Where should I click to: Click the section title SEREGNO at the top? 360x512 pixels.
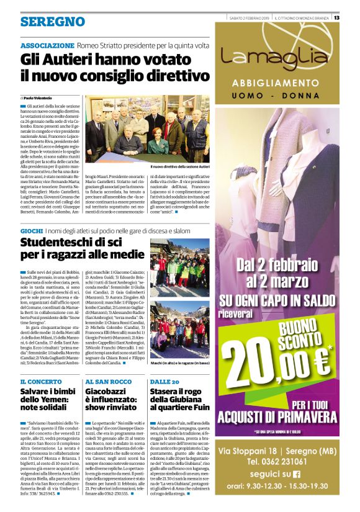[52, 22]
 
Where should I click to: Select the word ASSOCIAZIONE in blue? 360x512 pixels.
[47, 46]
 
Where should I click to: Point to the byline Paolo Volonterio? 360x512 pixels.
[38, 98]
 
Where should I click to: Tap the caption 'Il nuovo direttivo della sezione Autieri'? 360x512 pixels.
[180, 167]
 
